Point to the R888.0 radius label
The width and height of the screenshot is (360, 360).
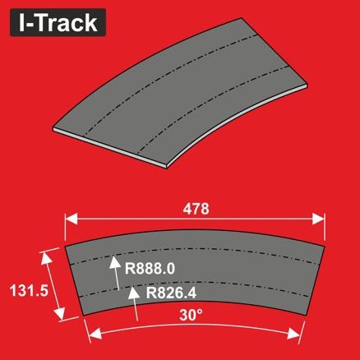click(x=150, y=267)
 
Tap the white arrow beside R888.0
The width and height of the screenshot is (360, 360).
click(x=116, y=271)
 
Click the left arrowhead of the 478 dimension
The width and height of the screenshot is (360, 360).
click(x=70, y=219)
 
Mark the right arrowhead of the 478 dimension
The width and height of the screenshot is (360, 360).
click(x=321, y=219)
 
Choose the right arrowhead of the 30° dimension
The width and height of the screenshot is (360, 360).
click(x=297, y=330)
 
